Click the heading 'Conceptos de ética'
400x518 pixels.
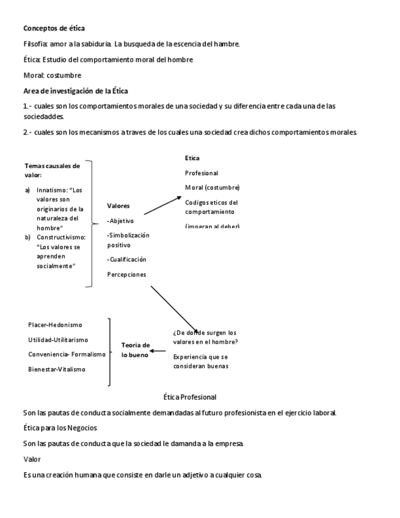tap(54, 28)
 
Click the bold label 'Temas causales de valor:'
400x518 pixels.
tap(52, 170)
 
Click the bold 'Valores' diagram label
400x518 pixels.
tap(118, 206)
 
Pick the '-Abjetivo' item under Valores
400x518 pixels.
tap(120, 221)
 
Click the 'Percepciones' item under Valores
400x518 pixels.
tap(126, 275)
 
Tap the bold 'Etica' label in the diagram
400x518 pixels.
tap(192, 158)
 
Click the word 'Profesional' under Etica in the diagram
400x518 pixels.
tap(202, 173)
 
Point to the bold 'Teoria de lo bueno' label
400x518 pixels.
tap(134, 350)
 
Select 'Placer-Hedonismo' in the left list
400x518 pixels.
tap(55, 325)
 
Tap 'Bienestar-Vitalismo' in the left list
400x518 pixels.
tap(57, 369)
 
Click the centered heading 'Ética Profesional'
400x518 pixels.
tap(190, 397)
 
